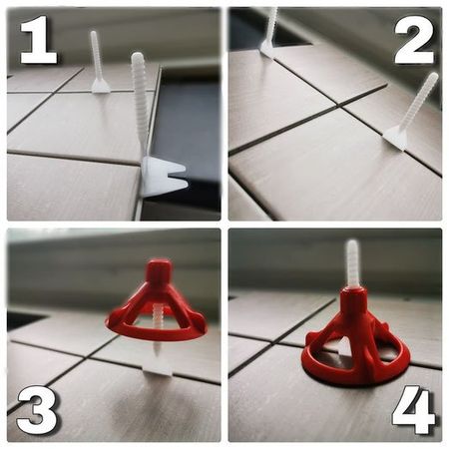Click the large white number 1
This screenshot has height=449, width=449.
38,40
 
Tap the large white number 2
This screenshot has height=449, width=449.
414,40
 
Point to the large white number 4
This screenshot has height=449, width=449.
413,410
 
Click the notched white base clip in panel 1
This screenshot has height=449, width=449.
163,177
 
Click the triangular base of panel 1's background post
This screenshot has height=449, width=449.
101,86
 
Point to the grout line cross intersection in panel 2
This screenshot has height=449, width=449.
339,107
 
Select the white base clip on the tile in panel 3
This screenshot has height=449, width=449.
159,371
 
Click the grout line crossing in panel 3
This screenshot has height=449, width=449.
87,356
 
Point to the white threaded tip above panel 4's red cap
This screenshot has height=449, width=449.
352,262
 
